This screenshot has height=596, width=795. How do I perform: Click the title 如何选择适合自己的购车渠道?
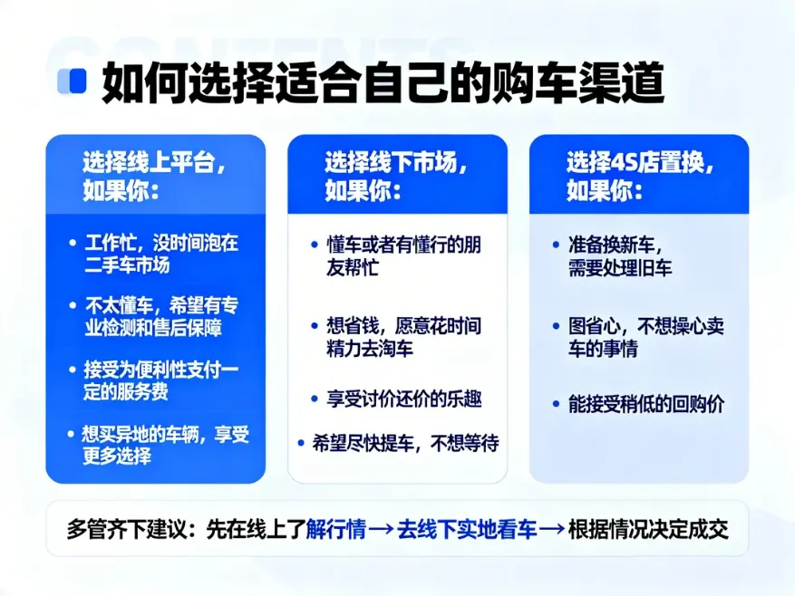(383, 82)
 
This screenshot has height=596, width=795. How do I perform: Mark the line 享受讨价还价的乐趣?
(403, 399)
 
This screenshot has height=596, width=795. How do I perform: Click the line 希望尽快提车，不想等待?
(405, 443)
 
